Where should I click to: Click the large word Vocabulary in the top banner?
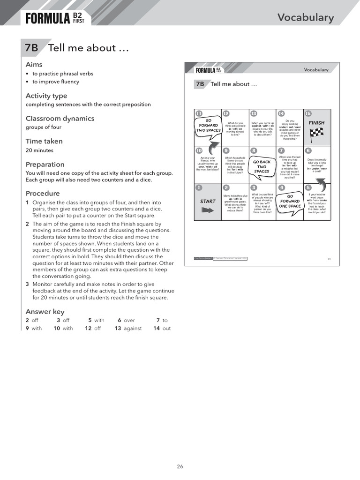305,18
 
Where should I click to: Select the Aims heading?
34,65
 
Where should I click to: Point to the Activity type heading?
46,96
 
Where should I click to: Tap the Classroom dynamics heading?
60,119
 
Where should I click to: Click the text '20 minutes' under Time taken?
39,150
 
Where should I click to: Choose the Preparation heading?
45,165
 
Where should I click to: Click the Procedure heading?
43,194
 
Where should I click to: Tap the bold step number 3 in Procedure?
27,284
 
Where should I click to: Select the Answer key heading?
45,312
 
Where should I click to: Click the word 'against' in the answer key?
133,329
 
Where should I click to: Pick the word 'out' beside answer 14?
166,329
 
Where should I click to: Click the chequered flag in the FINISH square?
316,134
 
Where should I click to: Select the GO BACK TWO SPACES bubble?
262,166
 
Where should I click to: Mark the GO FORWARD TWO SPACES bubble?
208,126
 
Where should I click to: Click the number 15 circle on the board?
308,113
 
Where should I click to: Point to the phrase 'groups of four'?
43,127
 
